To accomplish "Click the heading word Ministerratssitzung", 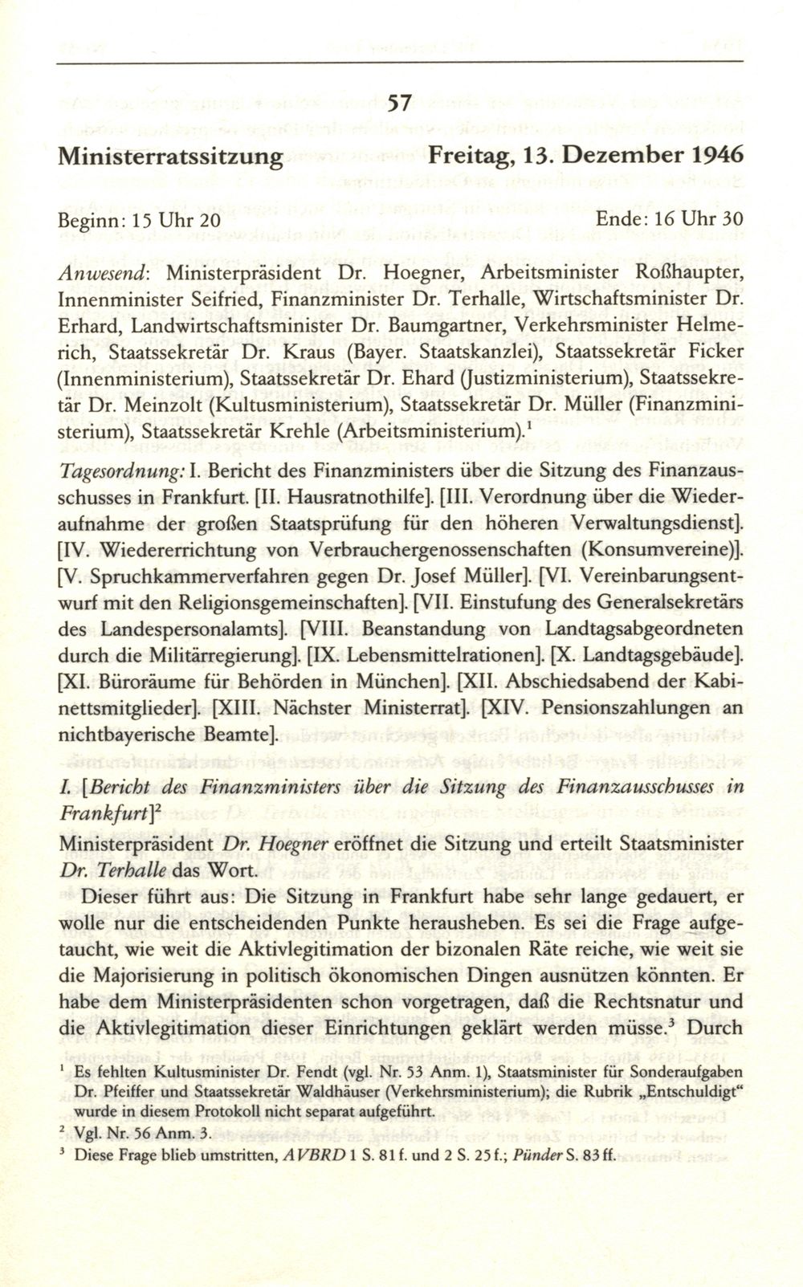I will pyautogui.click(x=170, y=154).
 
